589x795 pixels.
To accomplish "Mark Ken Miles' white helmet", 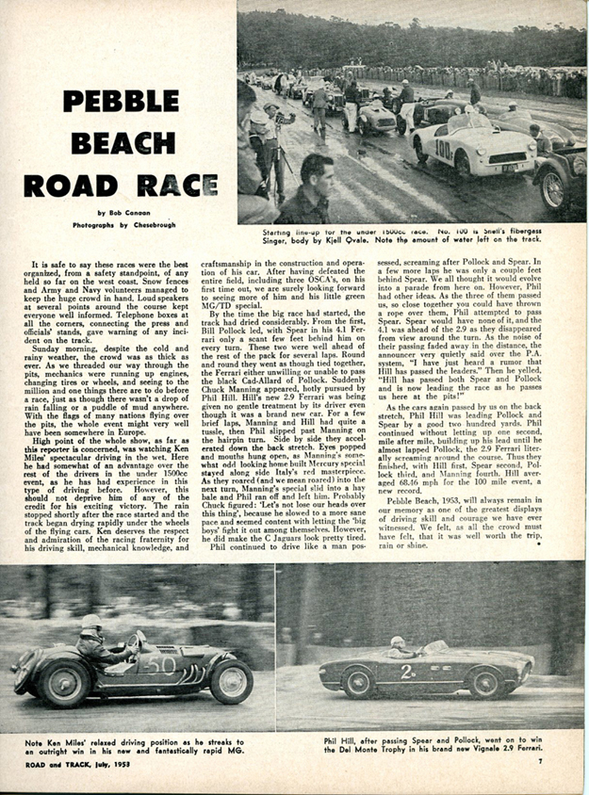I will click(x=91, y=623).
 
